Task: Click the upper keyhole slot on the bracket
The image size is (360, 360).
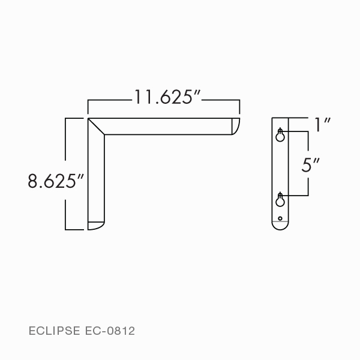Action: click(x=280, y=136)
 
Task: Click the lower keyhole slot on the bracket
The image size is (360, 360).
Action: click(x=280, y=200)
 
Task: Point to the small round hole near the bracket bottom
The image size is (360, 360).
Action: click(x=280, y=217)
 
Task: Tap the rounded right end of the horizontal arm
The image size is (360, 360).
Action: click(x=235, y=126)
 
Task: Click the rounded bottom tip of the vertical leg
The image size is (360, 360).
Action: click(x=96, y=226)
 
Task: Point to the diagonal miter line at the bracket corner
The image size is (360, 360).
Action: click(x=97, y=126)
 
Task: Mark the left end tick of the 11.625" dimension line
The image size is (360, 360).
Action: click(x=88, y=107)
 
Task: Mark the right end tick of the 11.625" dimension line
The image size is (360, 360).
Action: click(x=239, y=107)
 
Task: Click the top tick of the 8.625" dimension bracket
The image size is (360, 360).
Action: click(x=73, y=119)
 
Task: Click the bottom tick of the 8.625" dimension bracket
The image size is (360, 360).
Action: click(x=73, y=229)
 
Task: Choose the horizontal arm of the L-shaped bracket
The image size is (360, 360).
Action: click(x=168, y=126)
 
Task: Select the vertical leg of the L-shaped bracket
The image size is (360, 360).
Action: click(x=96, y=180)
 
